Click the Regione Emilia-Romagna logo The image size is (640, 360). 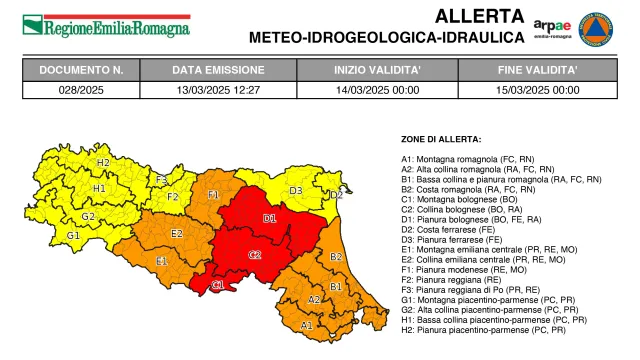point(106,26)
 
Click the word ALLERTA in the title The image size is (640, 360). point(479,16)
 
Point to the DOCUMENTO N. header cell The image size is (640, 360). point(81,71)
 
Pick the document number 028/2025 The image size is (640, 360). point(81,89)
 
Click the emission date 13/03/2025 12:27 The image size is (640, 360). point(218,89)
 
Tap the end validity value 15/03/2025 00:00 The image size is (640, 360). point(538,89)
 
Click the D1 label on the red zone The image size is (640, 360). point(269,218)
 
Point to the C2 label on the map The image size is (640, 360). point(255,255)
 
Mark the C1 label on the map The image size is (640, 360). point(218,286)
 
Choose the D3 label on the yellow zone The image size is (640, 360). point(296,190)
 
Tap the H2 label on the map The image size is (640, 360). point(103,162)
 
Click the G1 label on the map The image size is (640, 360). point(73,236)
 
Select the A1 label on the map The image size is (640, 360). point(306,325)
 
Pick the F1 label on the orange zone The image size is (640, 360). point(213,194)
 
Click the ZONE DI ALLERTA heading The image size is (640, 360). point(441,139)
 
